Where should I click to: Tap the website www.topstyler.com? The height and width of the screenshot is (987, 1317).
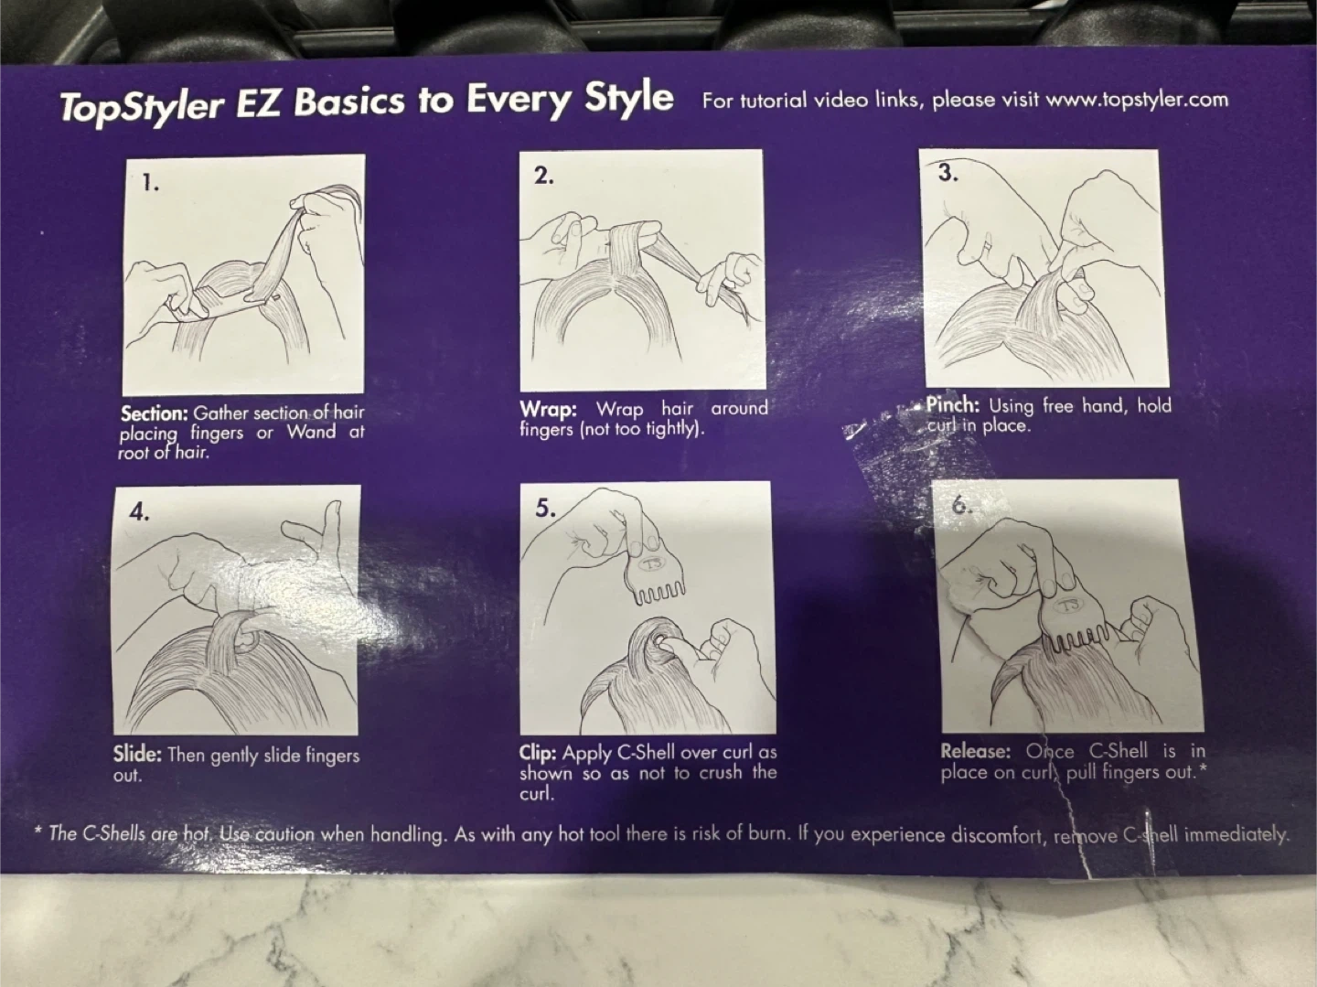[1137, 100]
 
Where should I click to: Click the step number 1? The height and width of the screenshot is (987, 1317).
[150, 183]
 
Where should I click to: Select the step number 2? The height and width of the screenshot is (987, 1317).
[543, 176]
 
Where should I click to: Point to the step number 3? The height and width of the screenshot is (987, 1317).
[948, 173]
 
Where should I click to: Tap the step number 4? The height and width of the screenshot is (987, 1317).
[140, 512]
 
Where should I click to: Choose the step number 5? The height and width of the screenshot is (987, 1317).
[545, 509]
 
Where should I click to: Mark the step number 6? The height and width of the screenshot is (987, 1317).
[962, 506]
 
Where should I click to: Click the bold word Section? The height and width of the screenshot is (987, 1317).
[155, 413]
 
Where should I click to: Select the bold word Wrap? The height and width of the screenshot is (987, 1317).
[549, 410]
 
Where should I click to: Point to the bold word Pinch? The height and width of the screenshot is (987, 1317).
[953, 405]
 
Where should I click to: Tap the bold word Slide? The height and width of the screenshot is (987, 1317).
[137, 755]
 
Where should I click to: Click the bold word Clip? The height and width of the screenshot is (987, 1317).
[538, 753]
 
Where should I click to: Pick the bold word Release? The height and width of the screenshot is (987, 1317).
[976, 751]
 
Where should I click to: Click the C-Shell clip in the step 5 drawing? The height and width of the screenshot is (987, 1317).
[653, 577]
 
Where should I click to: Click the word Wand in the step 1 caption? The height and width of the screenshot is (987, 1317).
[311, 432]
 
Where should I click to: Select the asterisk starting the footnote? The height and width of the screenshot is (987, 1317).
[37, 830]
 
